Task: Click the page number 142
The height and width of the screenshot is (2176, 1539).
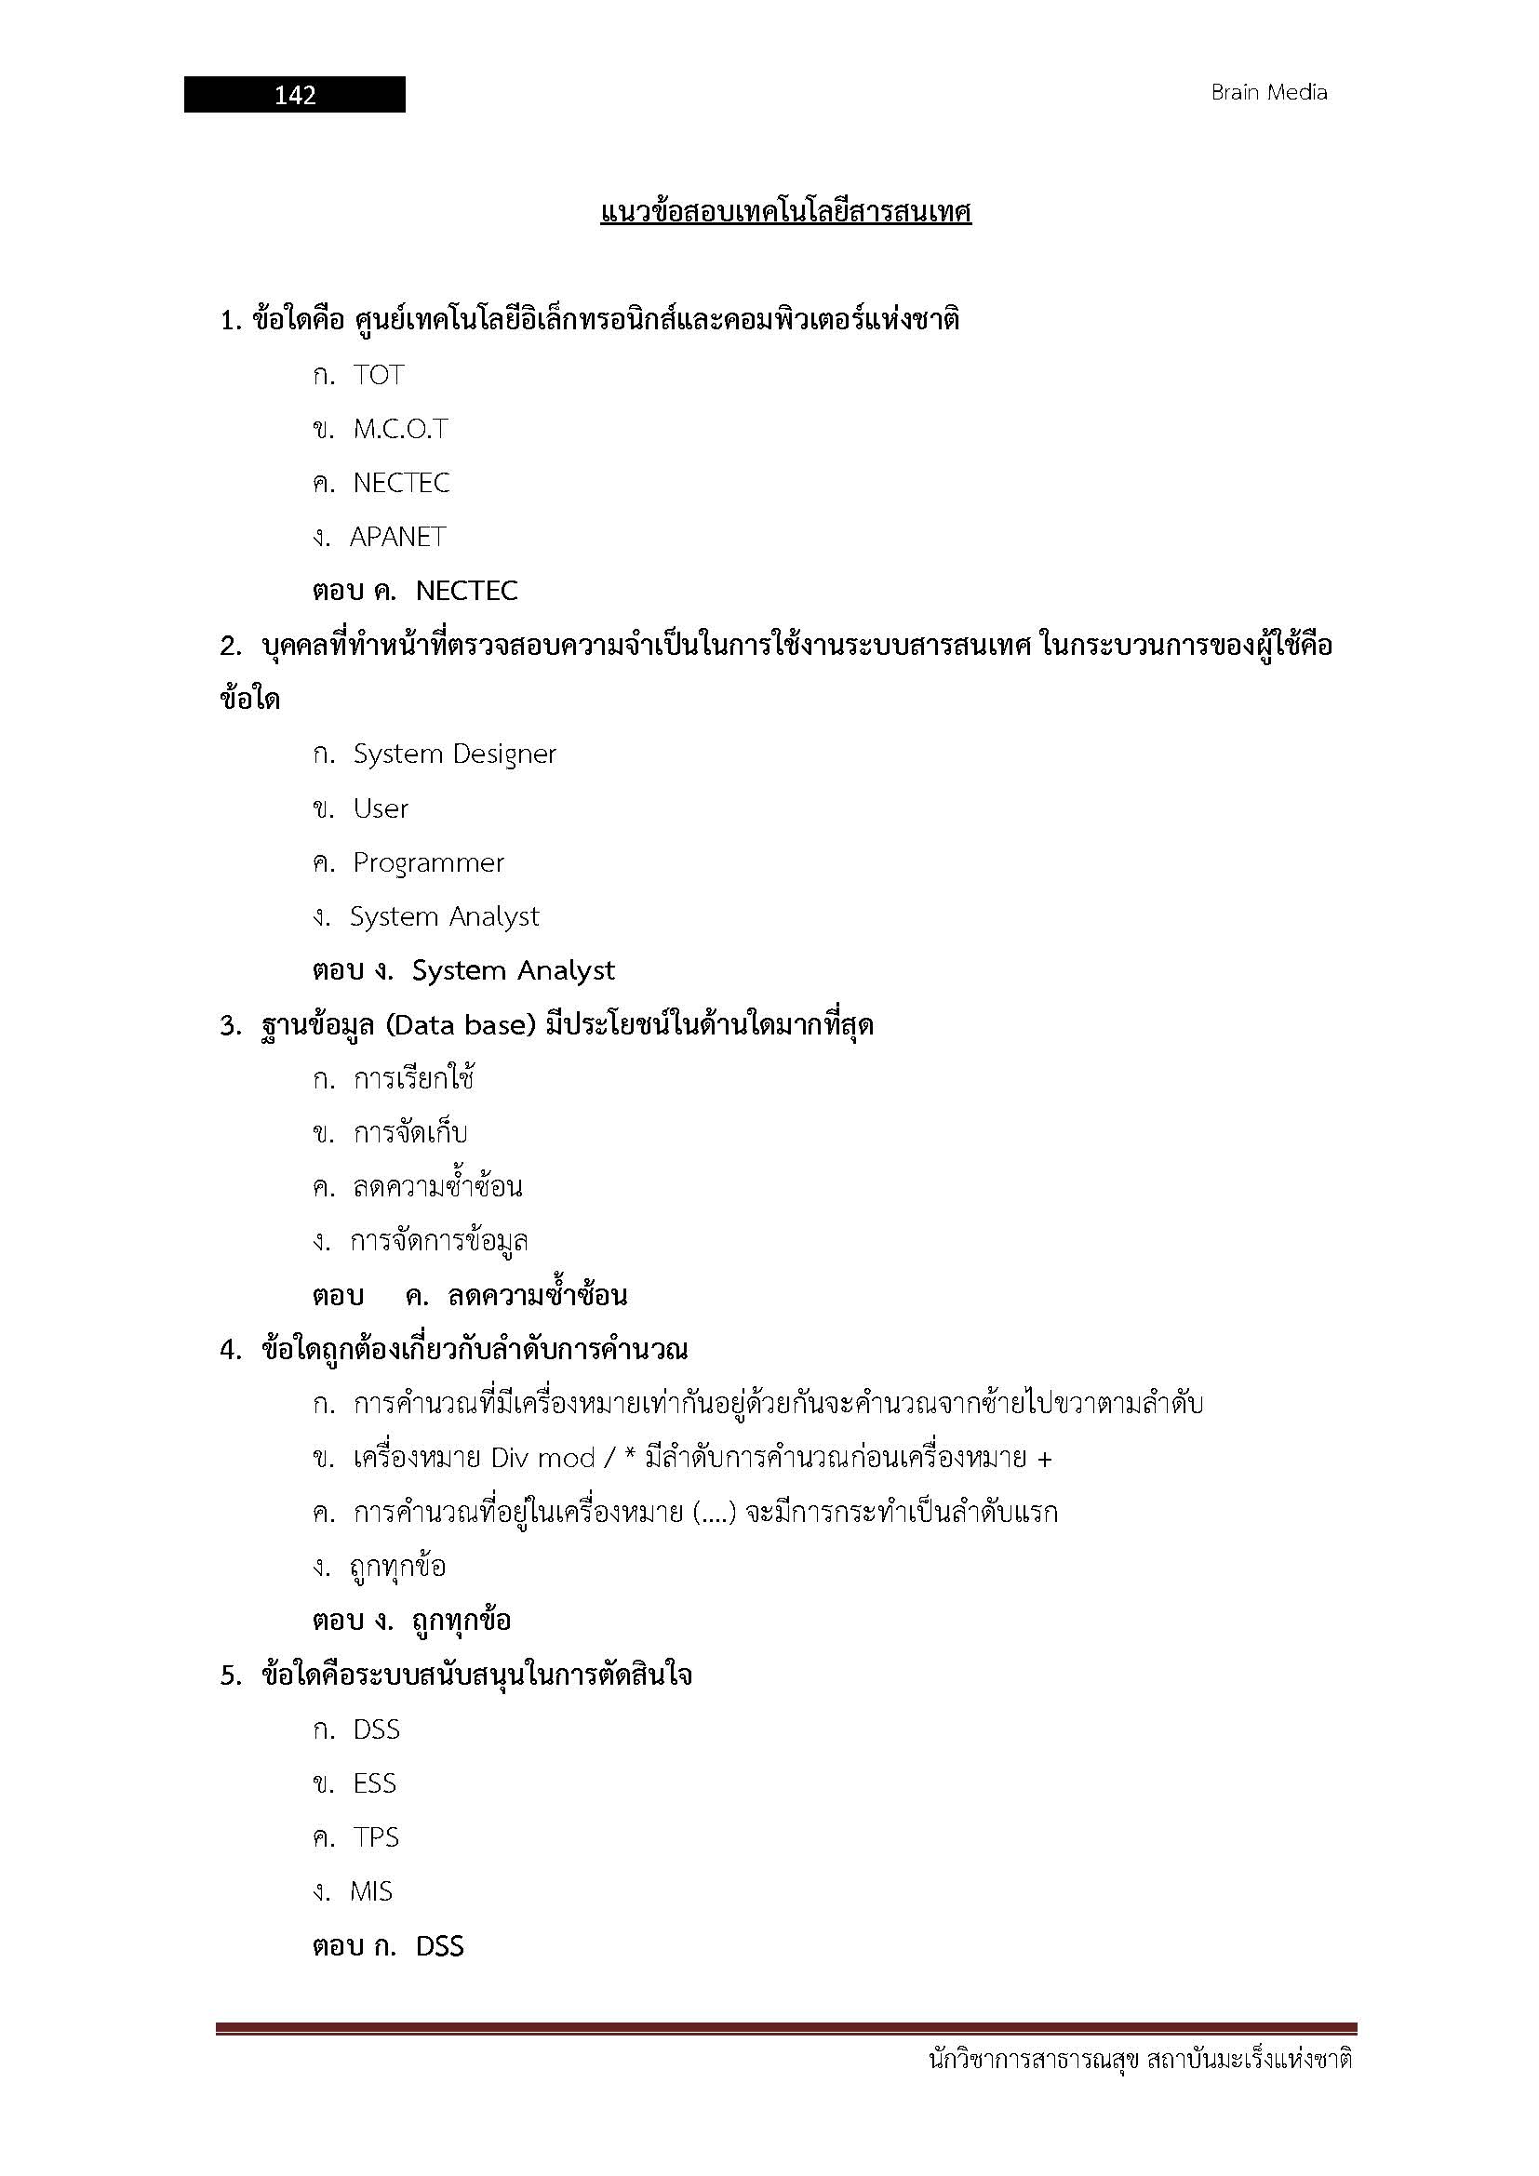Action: tap(295, 95)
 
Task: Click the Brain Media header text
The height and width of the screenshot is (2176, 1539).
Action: tap(1268, 93)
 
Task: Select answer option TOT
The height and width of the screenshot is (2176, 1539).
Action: tap(378, 375)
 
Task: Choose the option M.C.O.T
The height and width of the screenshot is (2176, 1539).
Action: tap(400, 429)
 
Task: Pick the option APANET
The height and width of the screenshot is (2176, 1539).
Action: tap(397, 538)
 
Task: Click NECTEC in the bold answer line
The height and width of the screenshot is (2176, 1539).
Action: tap(466, 592)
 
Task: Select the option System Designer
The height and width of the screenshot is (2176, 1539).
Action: tap(454, 754)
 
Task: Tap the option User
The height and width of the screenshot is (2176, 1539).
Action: tap(380, 808)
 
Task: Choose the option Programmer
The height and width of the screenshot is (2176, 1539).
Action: tap(428, 862)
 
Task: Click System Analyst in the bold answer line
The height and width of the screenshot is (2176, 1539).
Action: tap(513, 970)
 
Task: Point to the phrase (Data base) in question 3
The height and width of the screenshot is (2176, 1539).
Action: tap(462, 1025)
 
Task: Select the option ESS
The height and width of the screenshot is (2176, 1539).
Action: tap(374, 1783)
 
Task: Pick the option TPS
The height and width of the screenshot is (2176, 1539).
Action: tap(375, 1837)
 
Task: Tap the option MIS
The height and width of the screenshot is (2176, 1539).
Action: tap(370, 1891)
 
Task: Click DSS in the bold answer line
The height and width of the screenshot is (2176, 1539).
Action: tap(440, 1946)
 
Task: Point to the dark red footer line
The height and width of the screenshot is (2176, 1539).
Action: tap(785, 2029)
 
